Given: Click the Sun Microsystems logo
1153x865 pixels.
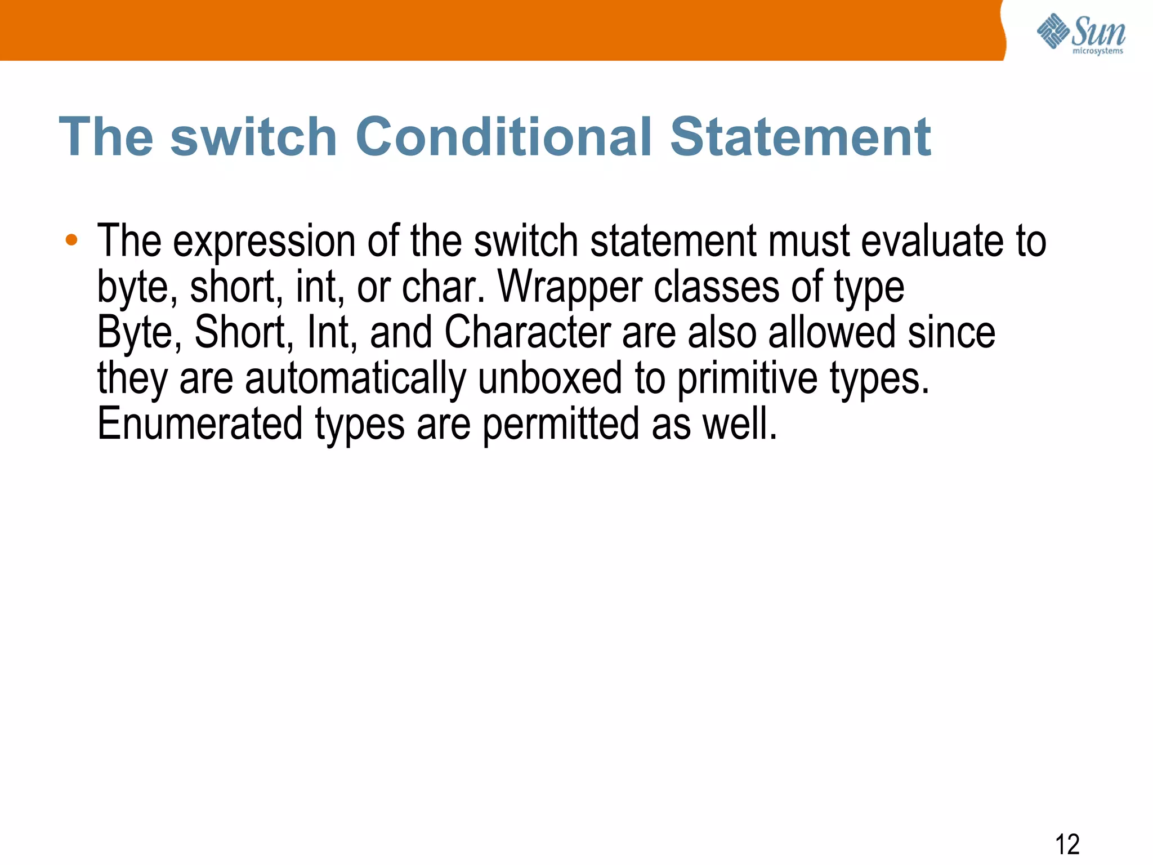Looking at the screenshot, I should click(x=1080, y=34).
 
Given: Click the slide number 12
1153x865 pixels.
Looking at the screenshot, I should click(x=1067, y=844).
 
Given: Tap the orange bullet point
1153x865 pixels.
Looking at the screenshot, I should click(x=71, y=240).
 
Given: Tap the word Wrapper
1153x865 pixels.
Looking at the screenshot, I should click(x=570, y=288).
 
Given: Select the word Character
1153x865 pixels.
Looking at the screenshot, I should click(x=528, y=332).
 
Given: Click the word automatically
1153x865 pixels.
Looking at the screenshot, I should click(x=355, y=379).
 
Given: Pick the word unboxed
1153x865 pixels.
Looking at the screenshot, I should click(x=549, y=378).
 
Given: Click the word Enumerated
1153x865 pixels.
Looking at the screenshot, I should click(x=200, y=423).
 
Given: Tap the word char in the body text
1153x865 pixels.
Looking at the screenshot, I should click(x=443, y=287).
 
